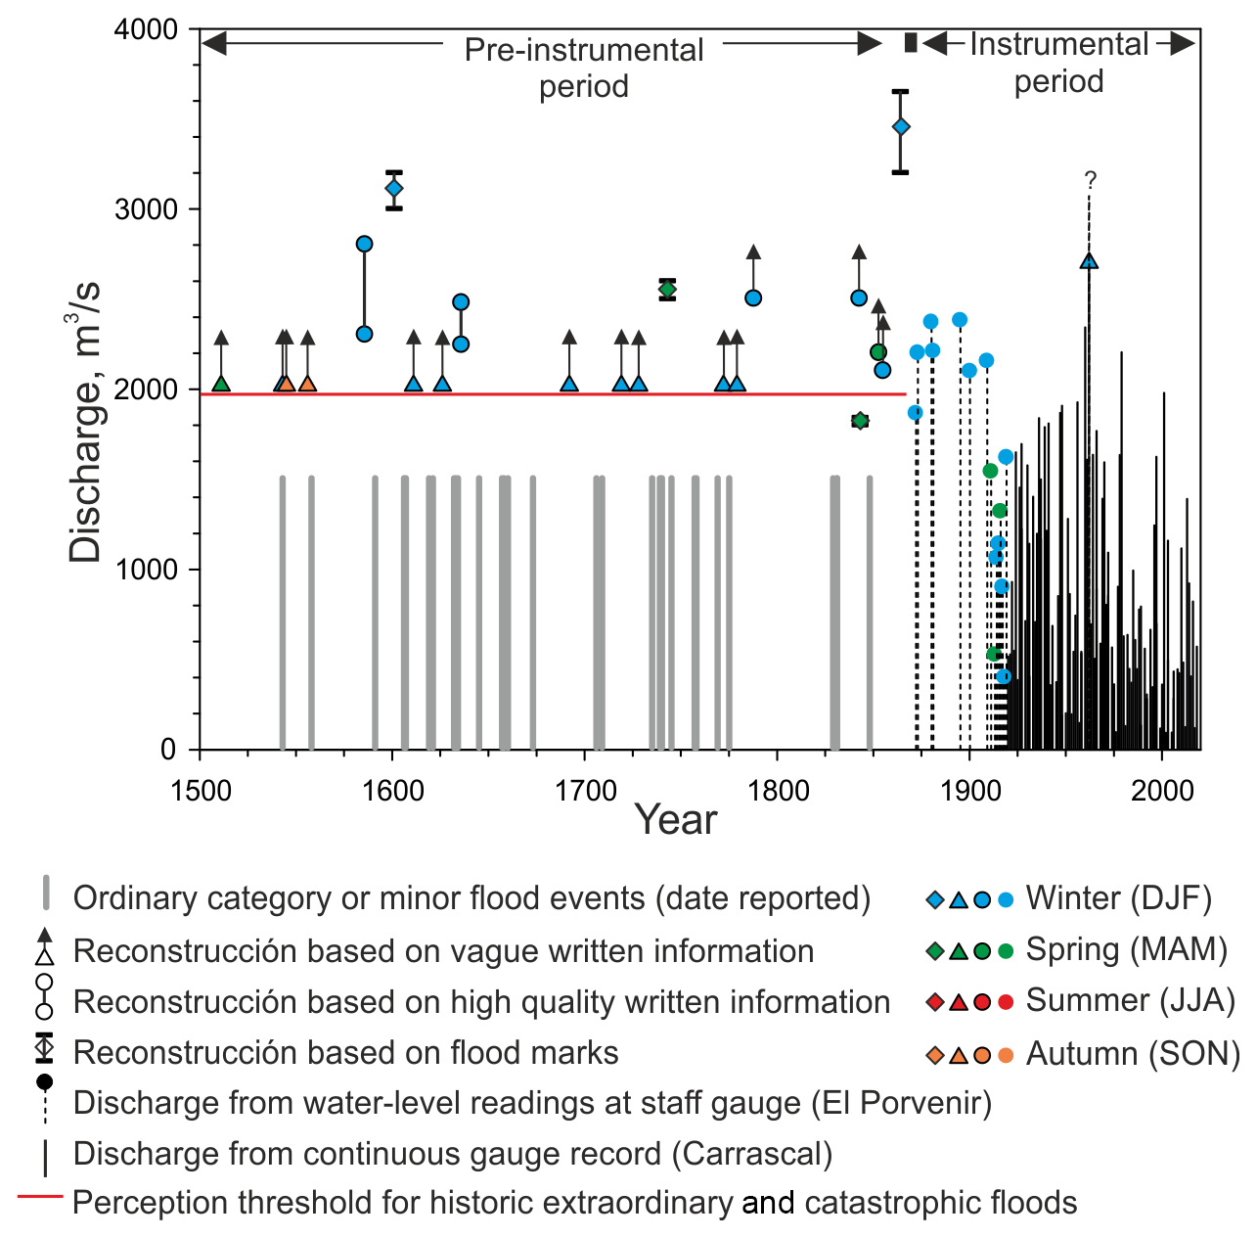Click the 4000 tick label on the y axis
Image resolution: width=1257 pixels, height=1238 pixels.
coord(147,29)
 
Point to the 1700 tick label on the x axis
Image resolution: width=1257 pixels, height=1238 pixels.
coord(585,790)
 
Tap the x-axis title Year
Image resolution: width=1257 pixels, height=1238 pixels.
coord(675,820)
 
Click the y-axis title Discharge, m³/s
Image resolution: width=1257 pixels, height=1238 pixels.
coord(86,421)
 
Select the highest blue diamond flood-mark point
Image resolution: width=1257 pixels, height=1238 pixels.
coord(901,127)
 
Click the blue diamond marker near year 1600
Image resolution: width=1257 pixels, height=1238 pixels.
coord(394,189)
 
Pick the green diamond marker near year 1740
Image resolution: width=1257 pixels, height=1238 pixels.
coord(667,289)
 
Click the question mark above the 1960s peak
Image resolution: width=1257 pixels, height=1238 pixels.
coord(1091,179)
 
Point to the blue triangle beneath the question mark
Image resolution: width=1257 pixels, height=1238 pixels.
coord(1089,261)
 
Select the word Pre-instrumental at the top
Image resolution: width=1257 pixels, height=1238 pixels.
coord(584,50)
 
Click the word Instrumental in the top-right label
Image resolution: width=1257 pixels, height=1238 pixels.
coord(1058,44)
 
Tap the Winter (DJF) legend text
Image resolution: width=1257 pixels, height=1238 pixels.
coord(1118,898)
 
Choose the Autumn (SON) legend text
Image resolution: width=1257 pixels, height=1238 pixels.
coord(1133,1054)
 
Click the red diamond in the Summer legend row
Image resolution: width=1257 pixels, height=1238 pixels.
coord(935,1002)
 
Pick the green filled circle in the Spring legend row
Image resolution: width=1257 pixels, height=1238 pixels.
coord(1006,950)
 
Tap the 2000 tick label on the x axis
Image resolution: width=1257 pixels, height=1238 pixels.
coord(1162,790)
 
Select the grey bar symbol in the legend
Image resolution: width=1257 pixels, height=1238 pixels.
coord(45,894)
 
